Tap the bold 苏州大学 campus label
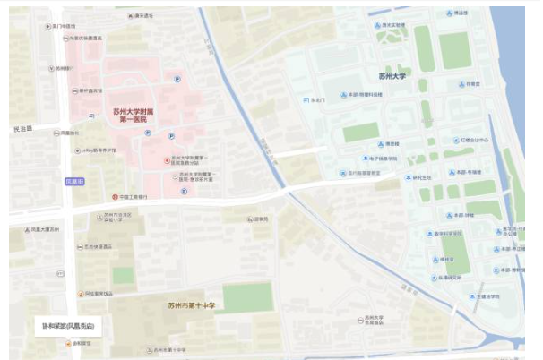392,77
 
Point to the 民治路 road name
22,129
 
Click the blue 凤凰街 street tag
74,181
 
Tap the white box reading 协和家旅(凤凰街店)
67,325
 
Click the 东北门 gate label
315,99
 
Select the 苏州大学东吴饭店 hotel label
374,320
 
